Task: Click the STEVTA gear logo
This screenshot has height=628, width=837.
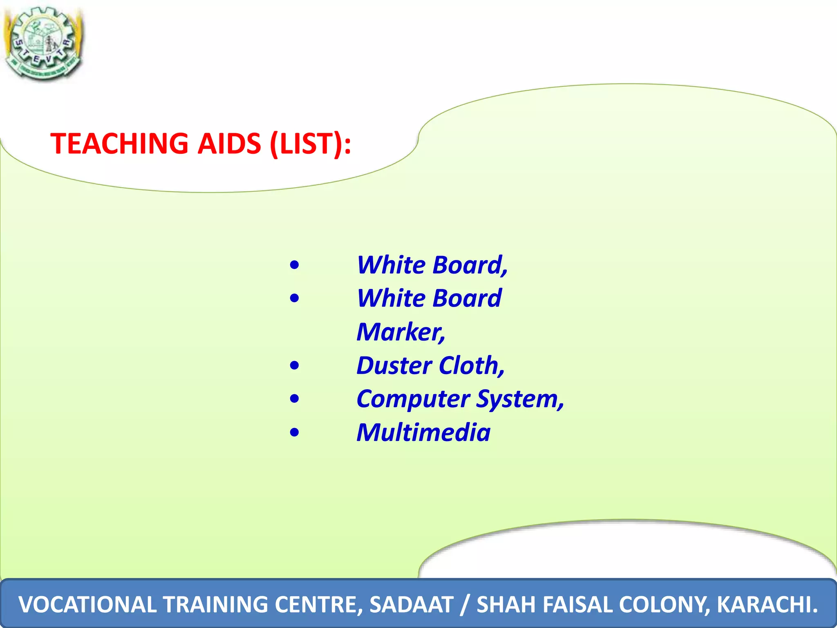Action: click(43, 43)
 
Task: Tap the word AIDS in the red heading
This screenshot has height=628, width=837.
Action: click(229, 144)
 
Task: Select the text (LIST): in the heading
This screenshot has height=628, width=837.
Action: click(310, 144)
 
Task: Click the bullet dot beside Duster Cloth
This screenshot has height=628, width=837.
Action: click(294, 365)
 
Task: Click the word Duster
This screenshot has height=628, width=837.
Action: click(394, 365)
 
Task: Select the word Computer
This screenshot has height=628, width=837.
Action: click(413, 399)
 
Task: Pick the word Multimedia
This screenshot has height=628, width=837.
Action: click(423, 433)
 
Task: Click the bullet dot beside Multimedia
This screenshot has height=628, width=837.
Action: click(294, 433)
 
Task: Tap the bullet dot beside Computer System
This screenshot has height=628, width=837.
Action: click(294, 399)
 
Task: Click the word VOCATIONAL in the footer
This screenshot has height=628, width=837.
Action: click(87, 605)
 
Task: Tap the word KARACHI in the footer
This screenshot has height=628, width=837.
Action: click(766, 605)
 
